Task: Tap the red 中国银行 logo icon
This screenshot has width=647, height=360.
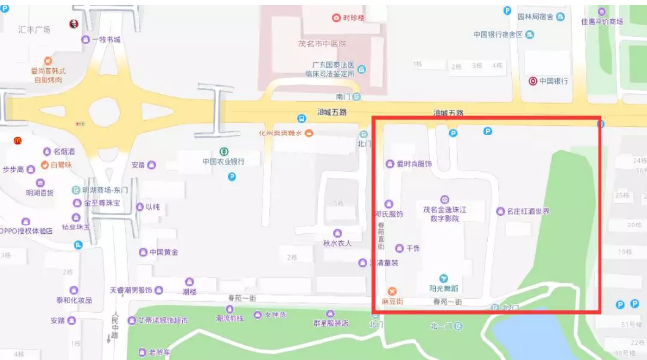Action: tap(533, 80)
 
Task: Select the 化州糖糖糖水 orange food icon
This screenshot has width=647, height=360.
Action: tap(309, 134)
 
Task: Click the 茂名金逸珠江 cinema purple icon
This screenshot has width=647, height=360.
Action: tap(443, 199)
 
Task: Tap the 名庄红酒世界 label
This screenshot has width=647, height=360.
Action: tap(534, 210)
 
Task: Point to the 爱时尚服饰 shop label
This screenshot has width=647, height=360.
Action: tap(415, 163)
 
